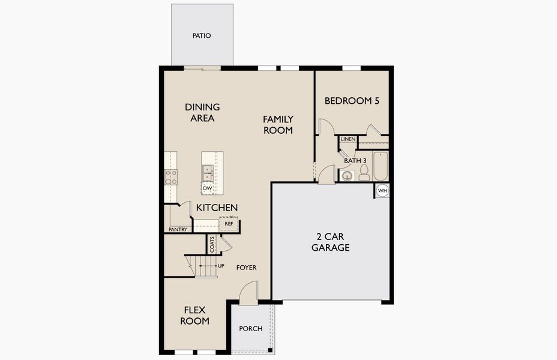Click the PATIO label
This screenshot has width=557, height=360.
pyautogui.click(x=202, y=35)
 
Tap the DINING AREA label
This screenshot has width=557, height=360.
pyautogui.click(x=202, y=112)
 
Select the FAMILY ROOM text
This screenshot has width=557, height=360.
pyautogui.click(x=278, y=124)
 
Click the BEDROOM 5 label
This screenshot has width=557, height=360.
pyautogui.click(x=352, y=101)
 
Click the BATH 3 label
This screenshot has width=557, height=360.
pyautogui.click(x=355, y=161)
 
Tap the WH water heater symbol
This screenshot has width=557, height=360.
pyautogui.click(x=382, y=191)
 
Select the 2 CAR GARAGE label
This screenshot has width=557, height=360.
pyautogui.click(x=330, y=241)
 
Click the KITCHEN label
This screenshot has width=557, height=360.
pyautogui.click(x=217, y=208)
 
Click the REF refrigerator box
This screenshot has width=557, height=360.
pyautogui.click(x=229, y=224)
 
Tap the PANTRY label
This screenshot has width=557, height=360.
pyautogui.click(x=178, y=229)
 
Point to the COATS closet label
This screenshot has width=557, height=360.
pyautogui.click(x=212, y=244)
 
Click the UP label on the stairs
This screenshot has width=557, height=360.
pyautogui.click(x=221, y=265)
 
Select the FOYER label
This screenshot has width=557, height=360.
pyautogui.click(x=246, y=268)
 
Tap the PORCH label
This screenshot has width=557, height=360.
pyautogui.click(x=250, y=329)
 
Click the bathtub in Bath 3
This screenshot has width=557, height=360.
pyautogui.click(x=381, y=166)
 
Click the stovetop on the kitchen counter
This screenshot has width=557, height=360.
pyautogui.click(x=171, y=176)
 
